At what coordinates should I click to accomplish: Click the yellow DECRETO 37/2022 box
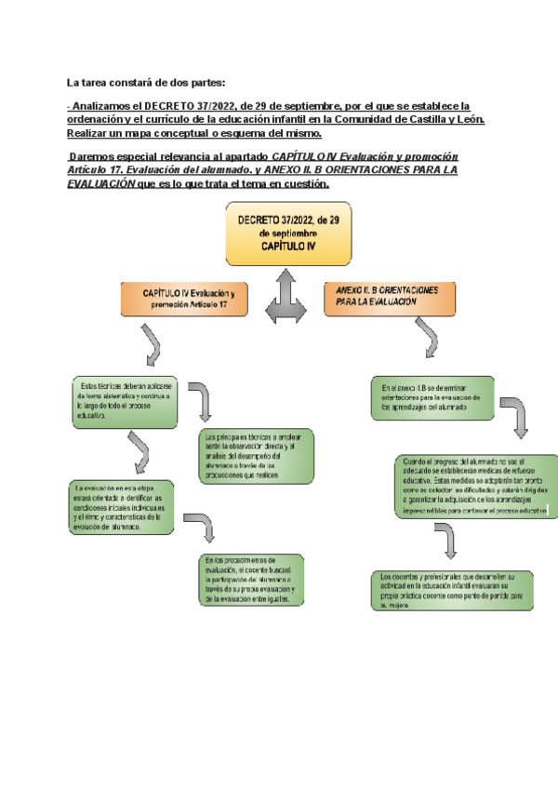coord(289,234)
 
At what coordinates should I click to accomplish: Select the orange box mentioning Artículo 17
coord(188,299)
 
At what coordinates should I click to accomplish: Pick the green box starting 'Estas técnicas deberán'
coord(123,402)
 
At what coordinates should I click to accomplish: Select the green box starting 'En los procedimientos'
coord(250,581)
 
